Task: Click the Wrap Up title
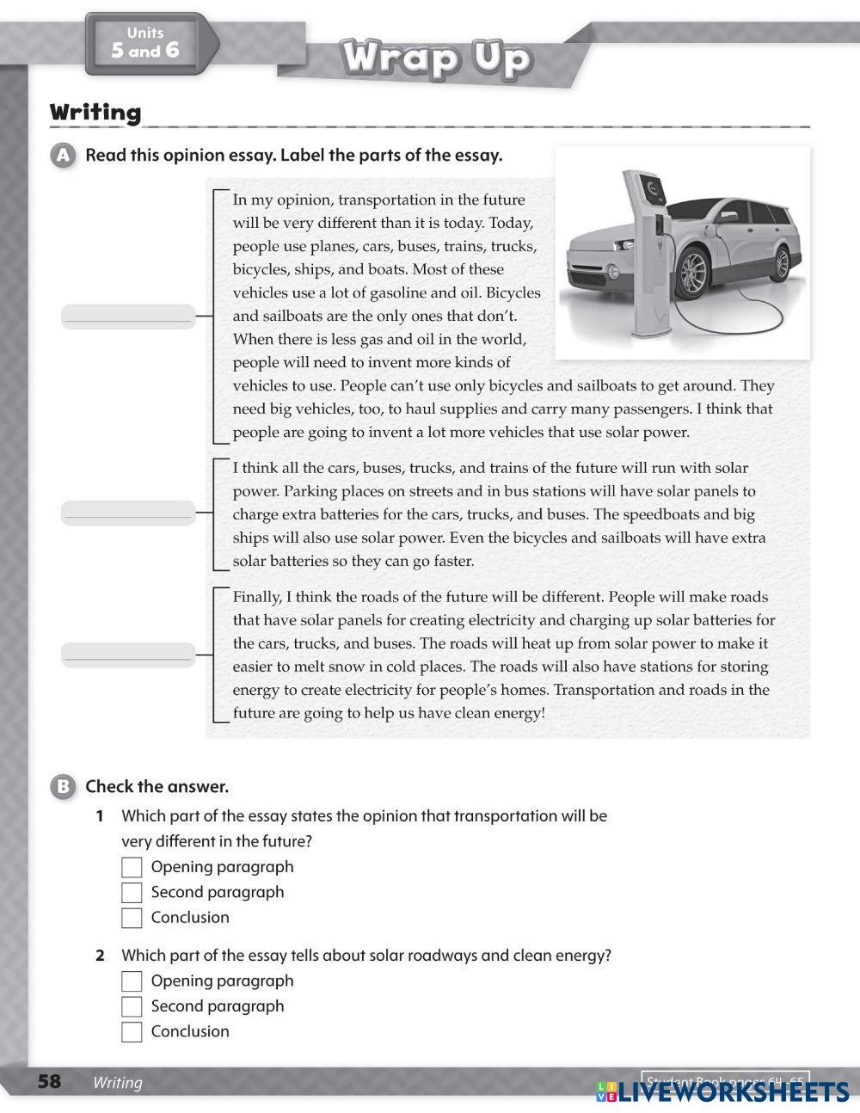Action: pyautogui.click(x=437, y=58)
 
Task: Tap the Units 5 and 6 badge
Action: pyautogui.click(x=146, y=43)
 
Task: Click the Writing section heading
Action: pyautogui.click(x=95, y=113)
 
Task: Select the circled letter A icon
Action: pyautogui.click(x=63, y=156)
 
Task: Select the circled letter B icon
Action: pyautogui.click(x=63, y=786)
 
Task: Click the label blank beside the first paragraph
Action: pyautogui.click(x=128, y=317)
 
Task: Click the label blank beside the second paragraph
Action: pyautogui.click(x=128, y=513)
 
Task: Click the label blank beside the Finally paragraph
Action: pyautogui.click(x=128, y=655)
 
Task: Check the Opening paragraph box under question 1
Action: pyautogui.click(x=132, y=867)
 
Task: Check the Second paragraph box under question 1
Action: pyautogui.click(x=132, y=892)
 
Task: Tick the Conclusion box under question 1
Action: pyautogui.click(x=132, y=918)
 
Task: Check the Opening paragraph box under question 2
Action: pyautogui.click(x=132, y=981)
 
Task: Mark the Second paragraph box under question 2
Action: pyautogui.click(x=132, y=1006)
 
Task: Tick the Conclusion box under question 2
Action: pyautogui.click(x=132, y=1032)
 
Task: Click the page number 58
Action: pyautogui.click(x=50, y=1081)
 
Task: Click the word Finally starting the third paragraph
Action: pyautogui.click(x=256, y=597)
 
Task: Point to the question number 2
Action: pyautogui.click(x=100, y=956)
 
